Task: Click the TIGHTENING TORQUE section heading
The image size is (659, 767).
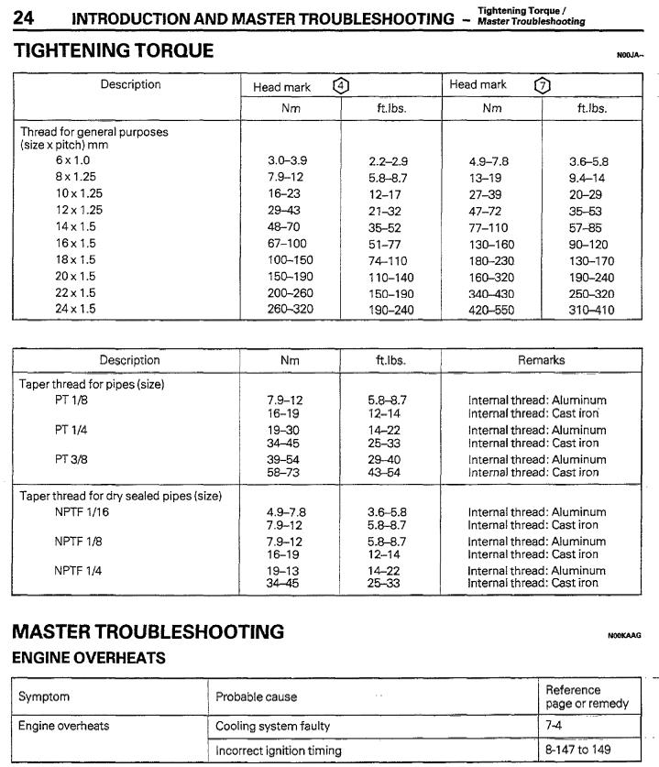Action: pyautogui.click(x=115, y=52)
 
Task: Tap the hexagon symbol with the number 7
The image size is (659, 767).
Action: pyautogui.click(x=542, y=85)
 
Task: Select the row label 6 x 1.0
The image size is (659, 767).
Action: pyautogui.click(x=73, y=160)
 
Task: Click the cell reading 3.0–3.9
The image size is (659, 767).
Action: pyautogui.click(x=287, y=161)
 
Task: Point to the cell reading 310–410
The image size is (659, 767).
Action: pyautogui.click(x=593, y=310)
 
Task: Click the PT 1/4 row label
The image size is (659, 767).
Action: pyautogui.click(x=71, y=430)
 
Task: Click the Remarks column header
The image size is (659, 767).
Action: pyautogui.click(x=541, y=360)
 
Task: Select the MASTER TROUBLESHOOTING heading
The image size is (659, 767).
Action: pyautogui.click(x=148, y=632)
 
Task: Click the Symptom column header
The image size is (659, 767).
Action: pyautogui.click(x=44, y=697)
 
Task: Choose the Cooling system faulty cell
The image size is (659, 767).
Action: pyautogui.click(x=272, y=727)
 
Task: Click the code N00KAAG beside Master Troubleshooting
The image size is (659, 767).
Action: pyautogui.click(x=624, y=635)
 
